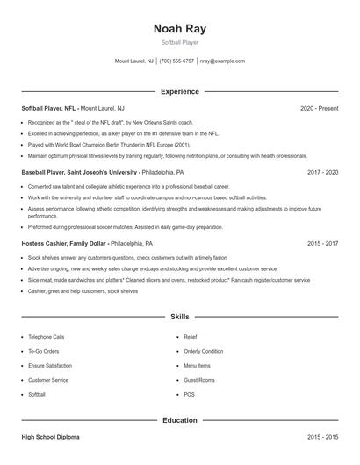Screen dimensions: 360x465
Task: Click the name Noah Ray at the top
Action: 179,29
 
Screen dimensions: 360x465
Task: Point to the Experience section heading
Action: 179,91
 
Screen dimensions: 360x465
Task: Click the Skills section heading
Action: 179,316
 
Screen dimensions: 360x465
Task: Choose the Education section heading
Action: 179,420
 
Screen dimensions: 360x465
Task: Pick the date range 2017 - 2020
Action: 322,173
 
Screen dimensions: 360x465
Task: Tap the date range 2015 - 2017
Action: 322,243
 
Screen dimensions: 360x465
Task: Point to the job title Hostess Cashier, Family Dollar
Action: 63,243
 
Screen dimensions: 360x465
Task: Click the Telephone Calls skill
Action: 46,336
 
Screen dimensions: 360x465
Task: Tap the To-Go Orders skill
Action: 43,351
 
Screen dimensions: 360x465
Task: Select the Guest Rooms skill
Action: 198,380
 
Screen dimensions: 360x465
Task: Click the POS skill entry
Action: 189,395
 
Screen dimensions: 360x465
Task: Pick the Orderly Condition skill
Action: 203,351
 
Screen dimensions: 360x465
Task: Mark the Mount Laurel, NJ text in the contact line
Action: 134,61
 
